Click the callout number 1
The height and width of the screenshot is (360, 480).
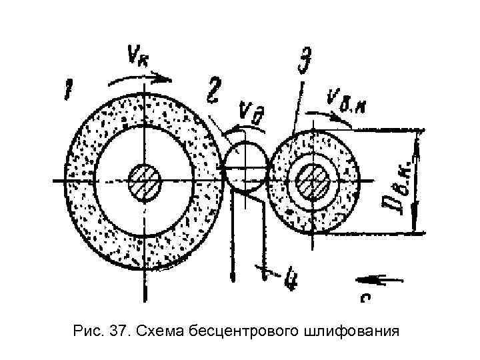tap(68, 89)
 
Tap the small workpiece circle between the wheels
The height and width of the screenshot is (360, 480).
tap(244, 167)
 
